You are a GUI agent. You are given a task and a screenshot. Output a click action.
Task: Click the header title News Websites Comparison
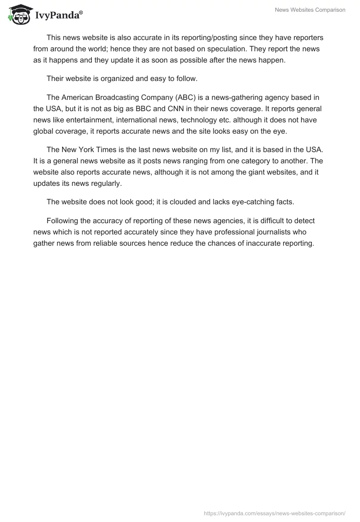pos(310,10)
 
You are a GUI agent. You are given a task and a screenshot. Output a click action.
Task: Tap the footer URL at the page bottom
pos(274,513)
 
